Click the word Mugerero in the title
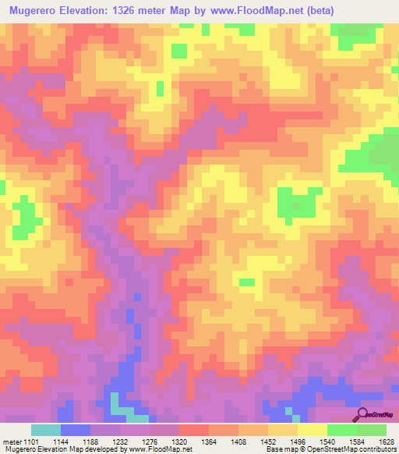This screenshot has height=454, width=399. pos(38,11)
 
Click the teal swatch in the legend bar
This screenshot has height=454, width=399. pos(45,430)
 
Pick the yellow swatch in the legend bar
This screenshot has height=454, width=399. pos(312,430)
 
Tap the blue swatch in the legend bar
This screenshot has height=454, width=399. pos(75,430)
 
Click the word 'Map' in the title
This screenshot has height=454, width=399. pos(203,11)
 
